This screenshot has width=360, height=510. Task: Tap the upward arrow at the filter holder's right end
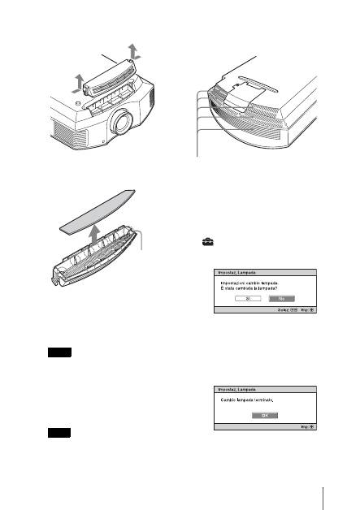pyautogui.click(x=135, y=51)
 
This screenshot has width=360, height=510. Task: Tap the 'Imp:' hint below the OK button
pyautogui.click(x=300, y=426)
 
